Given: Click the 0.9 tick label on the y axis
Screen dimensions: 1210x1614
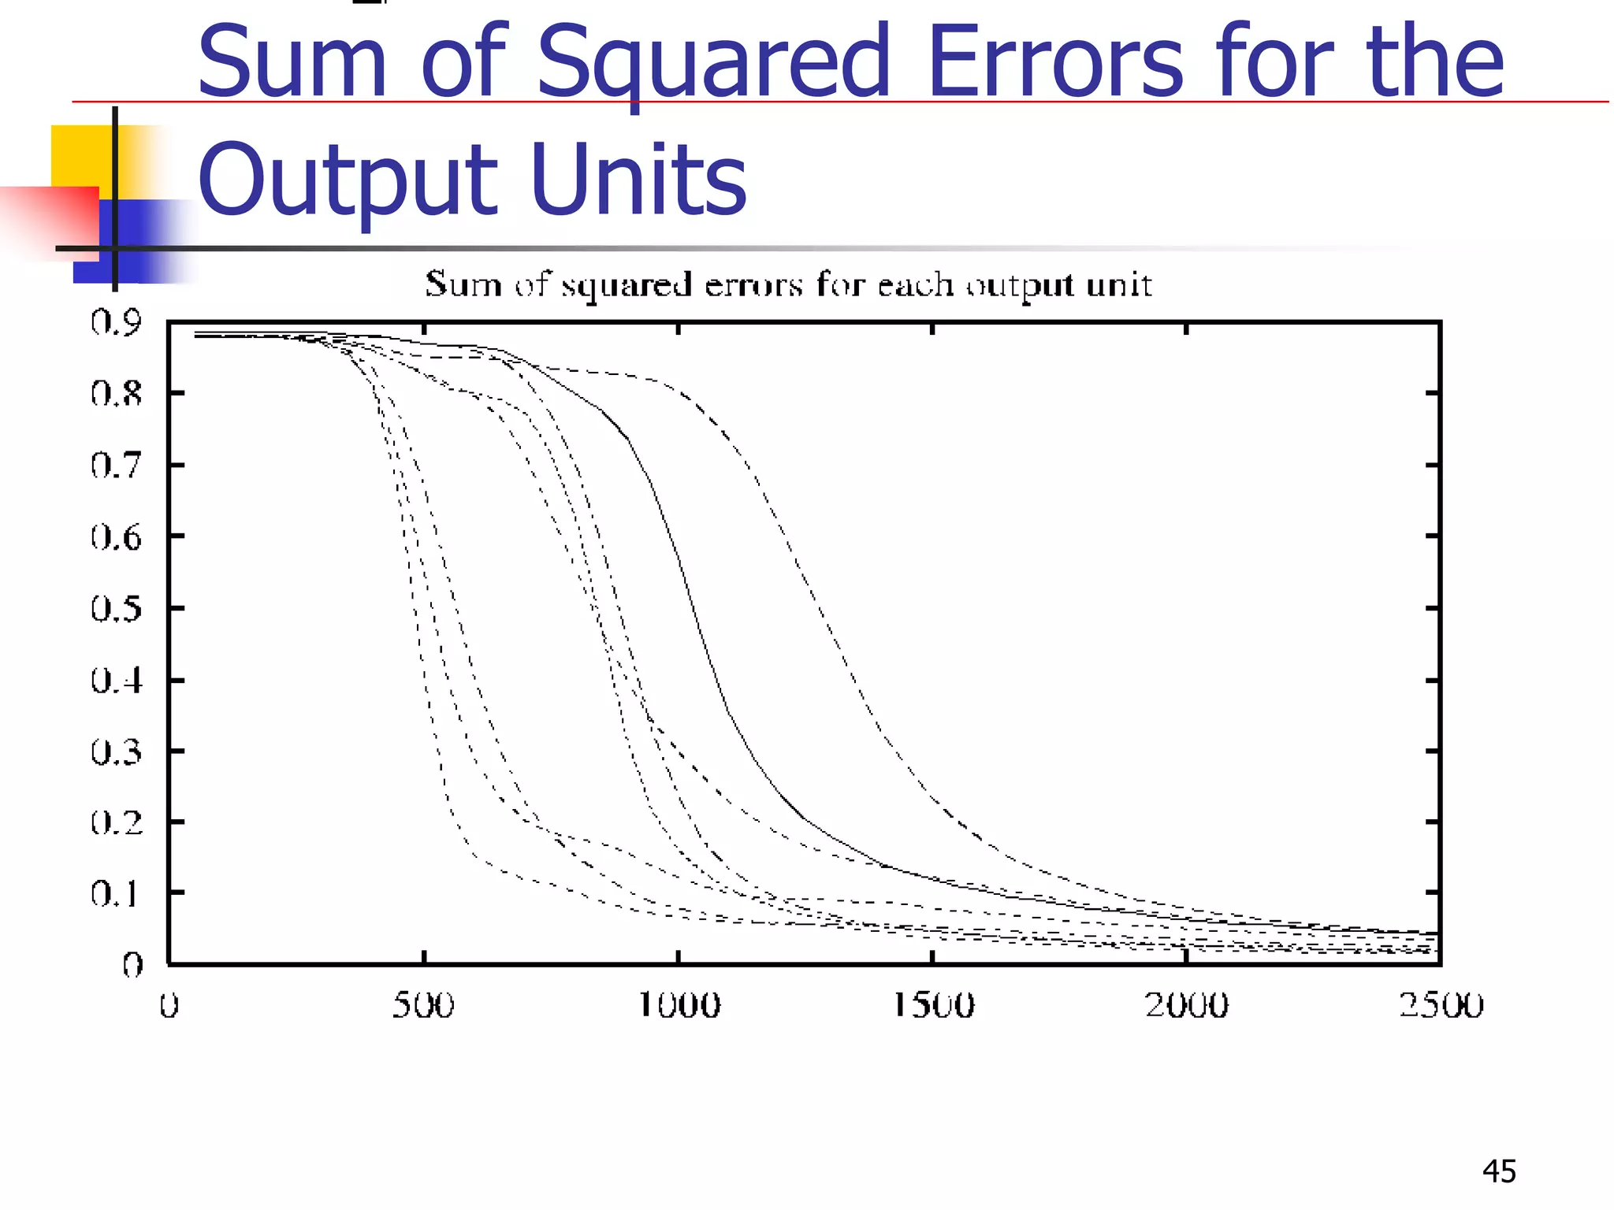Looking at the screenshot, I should (x=116, y=321).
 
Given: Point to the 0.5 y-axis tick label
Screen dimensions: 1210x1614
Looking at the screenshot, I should (x=116, y=608).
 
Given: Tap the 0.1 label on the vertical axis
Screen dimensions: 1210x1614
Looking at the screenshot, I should (x=116, y=893).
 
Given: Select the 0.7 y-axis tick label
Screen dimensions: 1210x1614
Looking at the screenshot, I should (x=116, y=465).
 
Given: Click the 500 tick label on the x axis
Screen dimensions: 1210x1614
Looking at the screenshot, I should (x=423, y=1005).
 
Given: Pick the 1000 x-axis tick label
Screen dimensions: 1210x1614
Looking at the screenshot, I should (x=679, y=1005).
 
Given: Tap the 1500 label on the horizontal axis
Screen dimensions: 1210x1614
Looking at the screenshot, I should (x=933, y=1005).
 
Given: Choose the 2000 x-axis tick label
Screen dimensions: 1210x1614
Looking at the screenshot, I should (x=1187, y=1005).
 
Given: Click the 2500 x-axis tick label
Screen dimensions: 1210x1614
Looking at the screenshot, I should (x=1441, y=1005).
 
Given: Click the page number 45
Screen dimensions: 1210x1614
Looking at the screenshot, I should (x=1499, y=1171).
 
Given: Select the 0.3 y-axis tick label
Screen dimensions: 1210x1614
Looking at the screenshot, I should (x=116, y=752).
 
